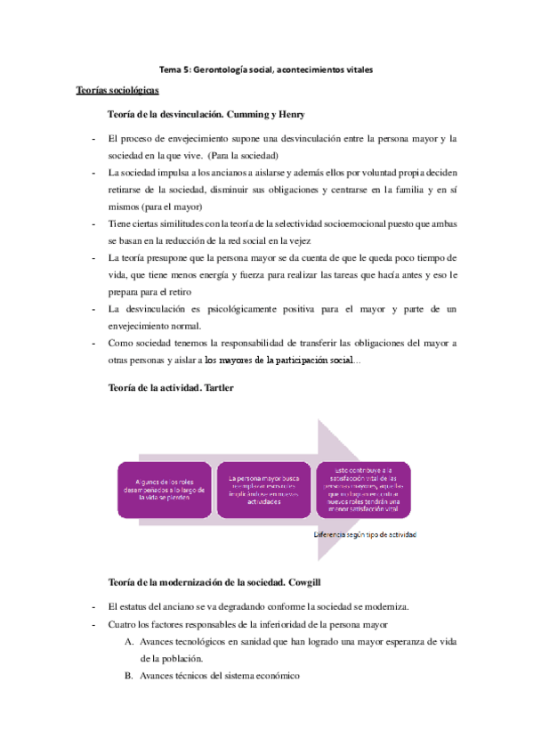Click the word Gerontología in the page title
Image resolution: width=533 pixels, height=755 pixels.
click(223, 69)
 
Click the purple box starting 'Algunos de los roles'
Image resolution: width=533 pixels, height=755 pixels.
click(166, 490)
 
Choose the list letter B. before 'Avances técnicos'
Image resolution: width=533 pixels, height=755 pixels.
click(129, 676)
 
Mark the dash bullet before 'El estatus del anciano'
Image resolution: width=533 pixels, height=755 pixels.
click(93, 582)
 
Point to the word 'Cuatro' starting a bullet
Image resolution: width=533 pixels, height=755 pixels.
click(123, 601)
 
